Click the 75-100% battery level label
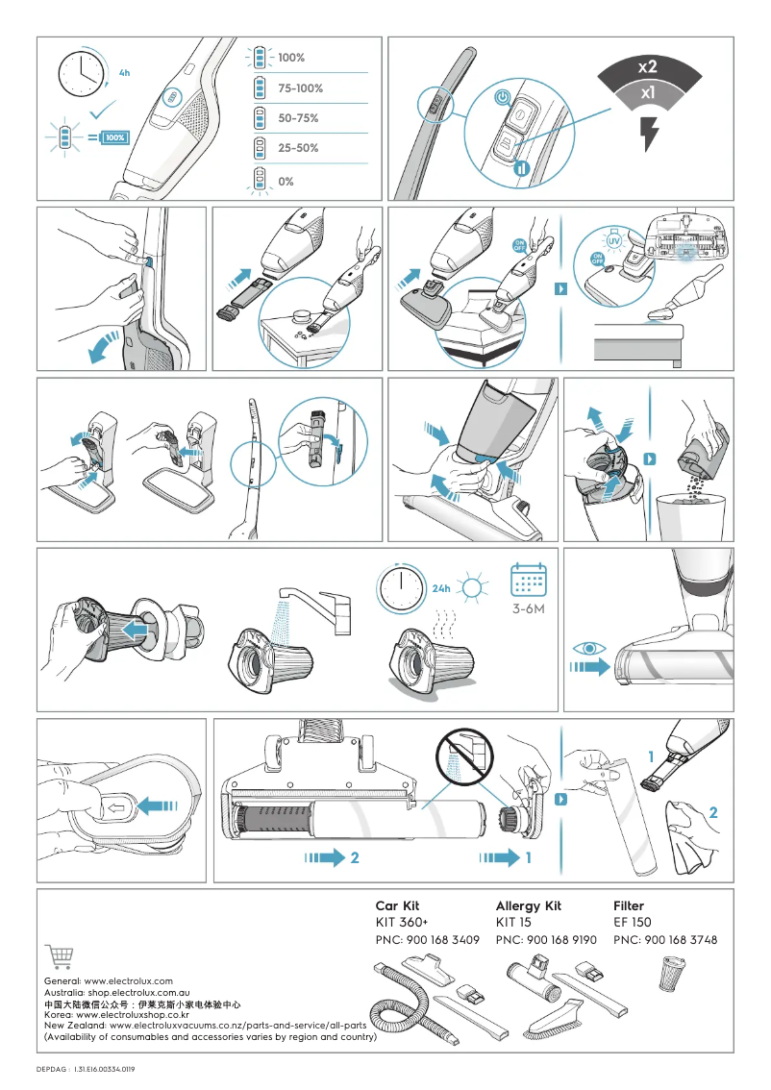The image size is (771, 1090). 300,88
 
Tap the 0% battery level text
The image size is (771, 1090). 286,182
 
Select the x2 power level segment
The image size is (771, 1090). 648,67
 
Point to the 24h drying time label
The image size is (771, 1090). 441,588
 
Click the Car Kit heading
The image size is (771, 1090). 397,905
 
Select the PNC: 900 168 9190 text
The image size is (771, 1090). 546,940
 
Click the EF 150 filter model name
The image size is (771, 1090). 632,923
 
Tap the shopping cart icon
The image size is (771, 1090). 60,956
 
